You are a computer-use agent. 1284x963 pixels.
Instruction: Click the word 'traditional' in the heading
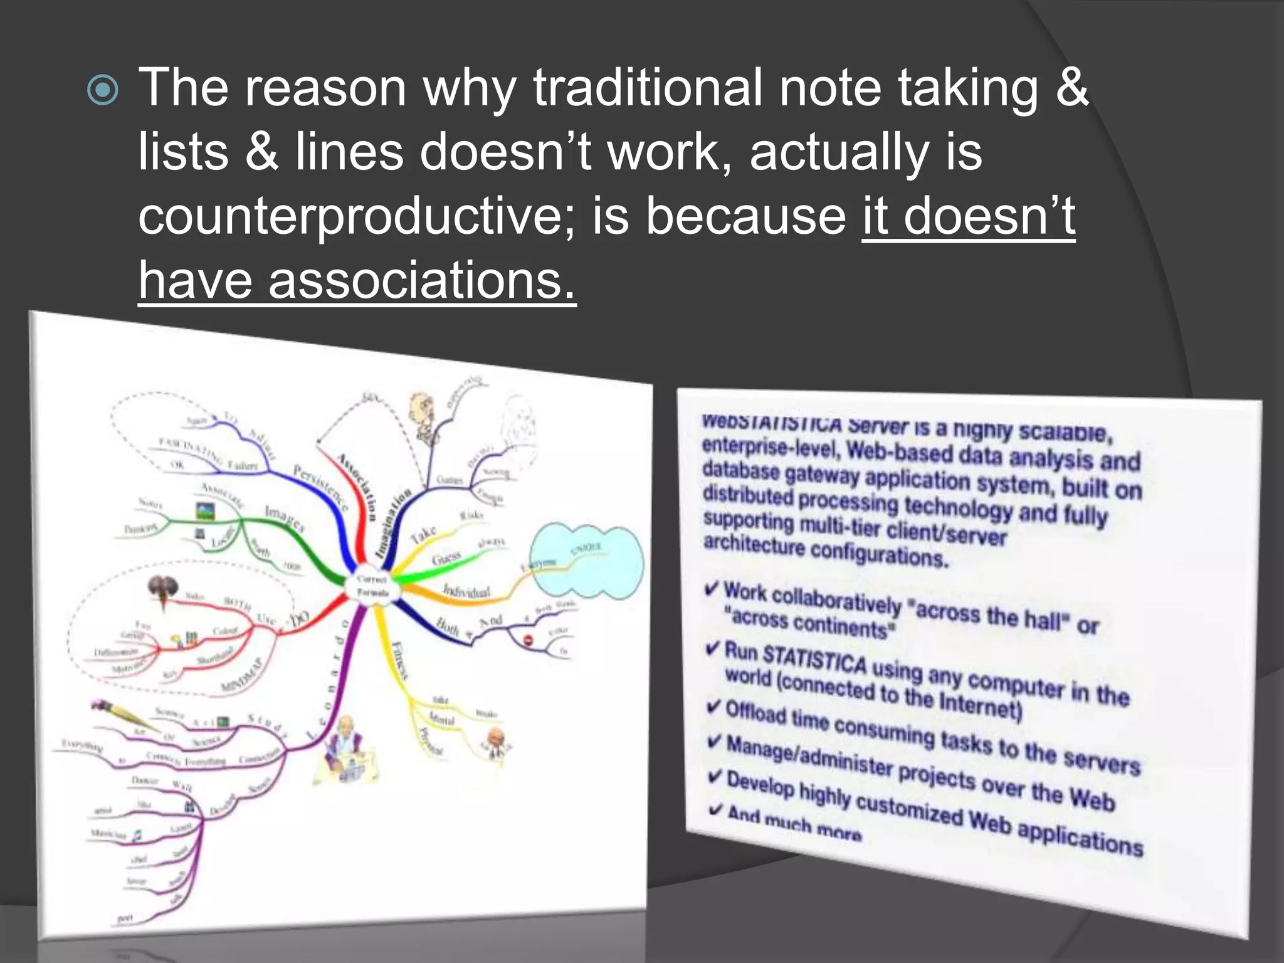(x=648, y=88)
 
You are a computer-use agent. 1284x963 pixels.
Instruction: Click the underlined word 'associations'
(x=421, y=281)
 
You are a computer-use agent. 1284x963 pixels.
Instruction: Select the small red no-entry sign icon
(x=527, y=640)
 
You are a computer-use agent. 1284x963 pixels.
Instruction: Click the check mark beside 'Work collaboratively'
(x=712, y=589)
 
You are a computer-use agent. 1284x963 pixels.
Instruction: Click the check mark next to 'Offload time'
(x=713, y=707)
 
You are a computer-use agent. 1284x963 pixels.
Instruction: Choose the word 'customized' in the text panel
(x=909, y=809)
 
